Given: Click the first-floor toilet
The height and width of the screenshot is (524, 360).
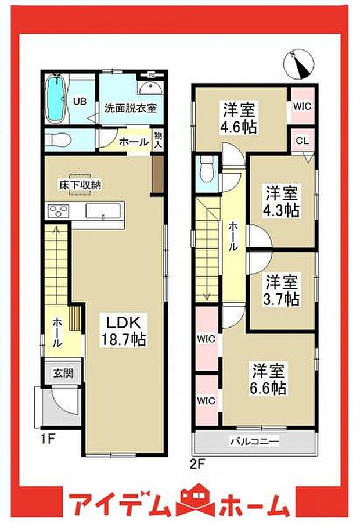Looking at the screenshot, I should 57,139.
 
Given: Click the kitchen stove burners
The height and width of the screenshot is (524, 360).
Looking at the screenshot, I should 58,210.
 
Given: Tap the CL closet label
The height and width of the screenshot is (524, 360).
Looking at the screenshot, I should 302,141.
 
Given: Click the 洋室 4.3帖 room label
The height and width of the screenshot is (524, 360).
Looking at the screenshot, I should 282,201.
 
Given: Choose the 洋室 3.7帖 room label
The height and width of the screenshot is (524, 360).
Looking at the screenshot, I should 282,290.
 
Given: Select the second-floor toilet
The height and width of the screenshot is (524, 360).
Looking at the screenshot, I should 205,171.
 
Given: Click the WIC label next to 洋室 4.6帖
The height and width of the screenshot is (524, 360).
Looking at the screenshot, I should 302,107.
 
